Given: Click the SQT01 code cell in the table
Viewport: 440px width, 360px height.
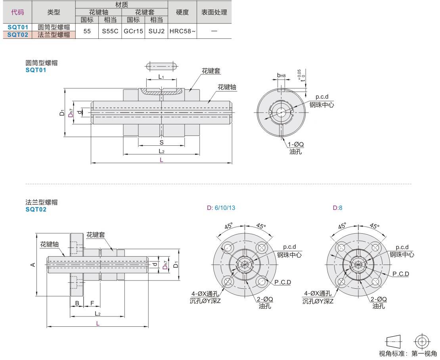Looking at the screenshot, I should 17,27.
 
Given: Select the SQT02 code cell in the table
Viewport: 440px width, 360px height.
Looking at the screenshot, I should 17,34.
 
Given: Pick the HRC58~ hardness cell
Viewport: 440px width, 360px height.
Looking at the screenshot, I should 182,31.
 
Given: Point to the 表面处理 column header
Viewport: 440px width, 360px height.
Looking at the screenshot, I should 214,12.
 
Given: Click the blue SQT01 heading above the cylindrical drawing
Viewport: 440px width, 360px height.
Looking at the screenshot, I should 36,70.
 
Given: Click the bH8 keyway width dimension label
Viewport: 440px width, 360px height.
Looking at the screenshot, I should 281,75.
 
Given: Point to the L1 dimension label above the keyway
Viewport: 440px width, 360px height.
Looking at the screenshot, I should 161,76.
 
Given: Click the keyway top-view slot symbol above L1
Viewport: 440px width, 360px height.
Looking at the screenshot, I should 162,66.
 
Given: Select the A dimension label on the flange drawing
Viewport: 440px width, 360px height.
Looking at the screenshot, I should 33,265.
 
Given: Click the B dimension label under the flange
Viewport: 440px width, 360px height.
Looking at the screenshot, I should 77,303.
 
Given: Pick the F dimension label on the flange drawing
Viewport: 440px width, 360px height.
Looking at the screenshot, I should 92,303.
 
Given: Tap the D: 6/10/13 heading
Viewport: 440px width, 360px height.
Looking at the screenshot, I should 221,208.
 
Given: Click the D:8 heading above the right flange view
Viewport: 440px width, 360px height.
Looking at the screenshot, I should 337,208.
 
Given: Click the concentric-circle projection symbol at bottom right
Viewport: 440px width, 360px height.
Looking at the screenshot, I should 422,341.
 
